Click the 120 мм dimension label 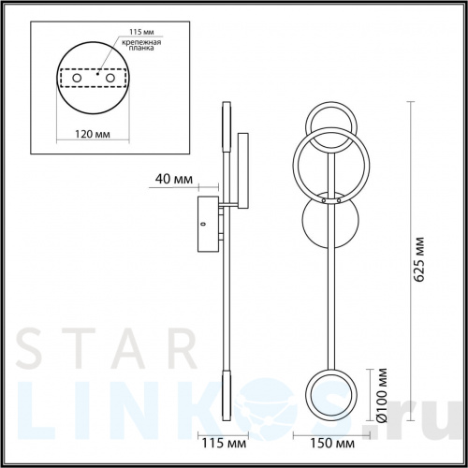click(93, 134)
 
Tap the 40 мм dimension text click(174, 179)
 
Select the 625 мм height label click(419, 259)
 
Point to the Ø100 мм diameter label click(382, 395)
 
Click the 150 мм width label click(332, 444)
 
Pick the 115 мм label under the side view click(224, 444)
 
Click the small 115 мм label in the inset click(141, 32)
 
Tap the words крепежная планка click(141, 45)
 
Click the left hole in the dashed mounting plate click(77, 78)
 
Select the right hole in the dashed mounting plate click(110, 78)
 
